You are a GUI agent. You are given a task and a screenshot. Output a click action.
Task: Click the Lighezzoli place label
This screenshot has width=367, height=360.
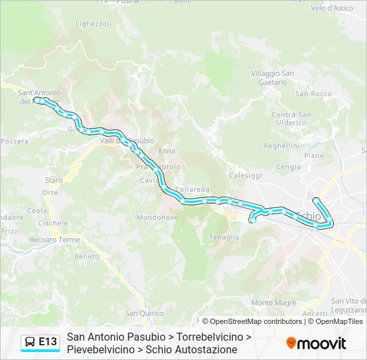coord(93,23)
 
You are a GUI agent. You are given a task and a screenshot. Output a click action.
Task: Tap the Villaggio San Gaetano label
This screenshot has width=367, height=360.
coord(273,77)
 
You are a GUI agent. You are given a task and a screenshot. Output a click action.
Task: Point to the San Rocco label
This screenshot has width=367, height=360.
coord(313,94)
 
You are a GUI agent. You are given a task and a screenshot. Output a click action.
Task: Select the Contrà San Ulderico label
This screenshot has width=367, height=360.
coord(291,119)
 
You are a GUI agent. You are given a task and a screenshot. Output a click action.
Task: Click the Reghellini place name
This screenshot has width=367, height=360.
coord(282,145)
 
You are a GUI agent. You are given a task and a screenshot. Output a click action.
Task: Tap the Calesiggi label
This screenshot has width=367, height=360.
coord(246,175)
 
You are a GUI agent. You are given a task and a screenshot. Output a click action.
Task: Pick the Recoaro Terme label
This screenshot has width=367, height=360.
coord(55,240)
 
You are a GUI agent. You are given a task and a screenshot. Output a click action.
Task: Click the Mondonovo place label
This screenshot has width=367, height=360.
coord(157,217)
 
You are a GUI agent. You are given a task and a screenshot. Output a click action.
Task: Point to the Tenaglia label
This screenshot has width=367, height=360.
coord(224,237)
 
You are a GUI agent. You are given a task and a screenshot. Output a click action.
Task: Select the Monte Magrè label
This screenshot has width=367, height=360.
coord(274,303)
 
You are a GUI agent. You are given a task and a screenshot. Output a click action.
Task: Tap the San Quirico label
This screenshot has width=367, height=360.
coord(144,313)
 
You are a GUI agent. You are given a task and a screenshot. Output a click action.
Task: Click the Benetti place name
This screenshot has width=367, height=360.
coord(87,257)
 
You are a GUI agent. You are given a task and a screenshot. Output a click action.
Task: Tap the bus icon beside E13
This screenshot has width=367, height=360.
coord(30,342)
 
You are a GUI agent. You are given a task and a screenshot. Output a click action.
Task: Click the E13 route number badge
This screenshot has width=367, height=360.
coord(48,342)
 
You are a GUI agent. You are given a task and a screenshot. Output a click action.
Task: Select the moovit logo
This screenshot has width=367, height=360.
coord(316,343)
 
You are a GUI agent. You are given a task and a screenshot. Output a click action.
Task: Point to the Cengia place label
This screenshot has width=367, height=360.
coord(288,167)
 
